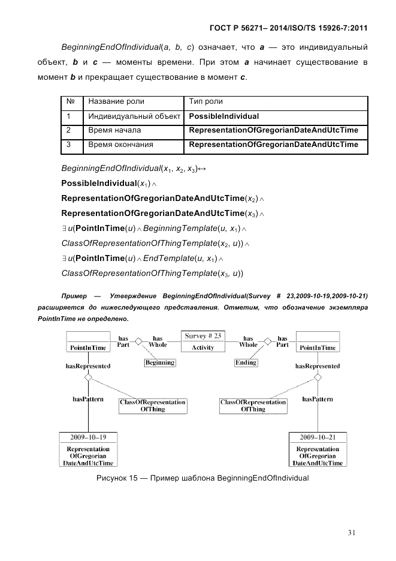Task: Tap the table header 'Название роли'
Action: tap(116, 101)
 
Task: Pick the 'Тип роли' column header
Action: tap(205, 101)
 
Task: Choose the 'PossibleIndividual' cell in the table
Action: tap(224, 116)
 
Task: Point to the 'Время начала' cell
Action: tap(114, 130)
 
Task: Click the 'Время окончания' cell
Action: tap(120, 145)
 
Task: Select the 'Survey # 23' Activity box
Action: tap(203, 341)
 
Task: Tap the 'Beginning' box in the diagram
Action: tap(160, 362)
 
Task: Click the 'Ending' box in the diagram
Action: tap(246, 362)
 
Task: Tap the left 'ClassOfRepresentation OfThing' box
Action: tap(152, 406)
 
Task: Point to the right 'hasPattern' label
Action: tap(317, 399)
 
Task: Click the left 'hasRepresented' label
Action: tap(88, 365)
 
